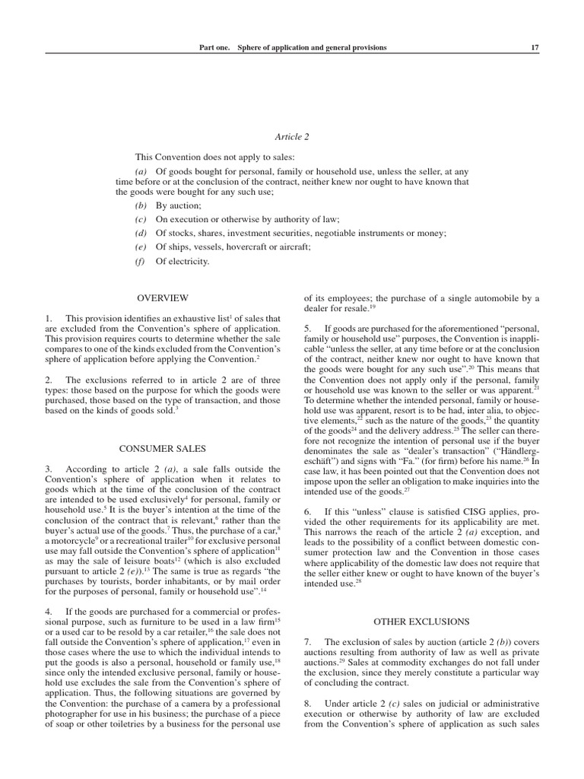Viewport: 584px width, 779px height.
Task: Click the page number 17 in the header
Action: point(535,47)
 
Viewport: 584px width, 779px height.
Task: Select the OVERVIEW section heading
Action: point(162,298)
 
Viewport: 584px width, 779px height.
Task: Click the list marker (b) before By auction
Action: point(140,206)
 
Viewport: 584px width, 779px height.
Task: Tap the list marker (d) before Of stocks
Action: point(140,234)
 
